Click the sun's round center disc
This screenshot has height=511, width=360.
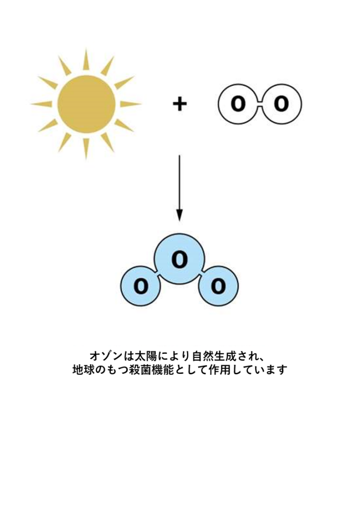pyautogui.click(x=86, y=104)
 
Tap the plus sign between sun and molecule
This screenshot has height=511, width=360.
pyautogui.click(x=180, y=104)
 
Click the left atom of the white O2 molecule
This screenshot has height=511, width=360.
pyautogui.click(x=239, y=104)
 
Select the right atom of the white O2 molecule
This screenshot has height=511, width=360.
pyautogui.click(x=281, y=104)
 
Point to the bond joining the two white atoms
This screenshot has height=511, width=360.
pyautogui.click(x=260, y=104)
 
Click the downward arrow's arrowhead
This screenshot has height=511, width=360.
pyautogui.click(x=180, y=216)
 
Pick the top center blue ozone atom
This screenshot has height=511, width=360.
pyautogui.click(x=180, y=259)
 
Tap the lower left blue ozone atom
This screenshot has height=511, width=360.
pyautogui.click(x=141, y=286)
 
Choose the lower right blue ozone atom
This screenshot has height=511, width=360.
pyautogui.click(x=218, y=286)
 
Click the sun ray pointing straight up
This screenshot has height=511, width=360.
pyautogui.click(x=86, y=60)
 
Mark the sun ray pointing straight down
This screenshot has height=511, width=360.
pyautogui.click(x=86, y=149)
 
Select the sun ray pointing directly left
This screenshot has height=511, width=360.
pyautogui.click(x=42, y=104)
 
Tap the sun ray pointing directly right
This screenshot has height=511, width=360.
pyautogui.click(x=131, y=104)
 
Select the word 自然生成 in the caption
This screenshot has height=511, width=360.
pyautogui.click(x=213, y=355)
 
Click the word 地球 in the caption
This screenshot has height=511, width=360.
pyautogui.click(x=83, y=370)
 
